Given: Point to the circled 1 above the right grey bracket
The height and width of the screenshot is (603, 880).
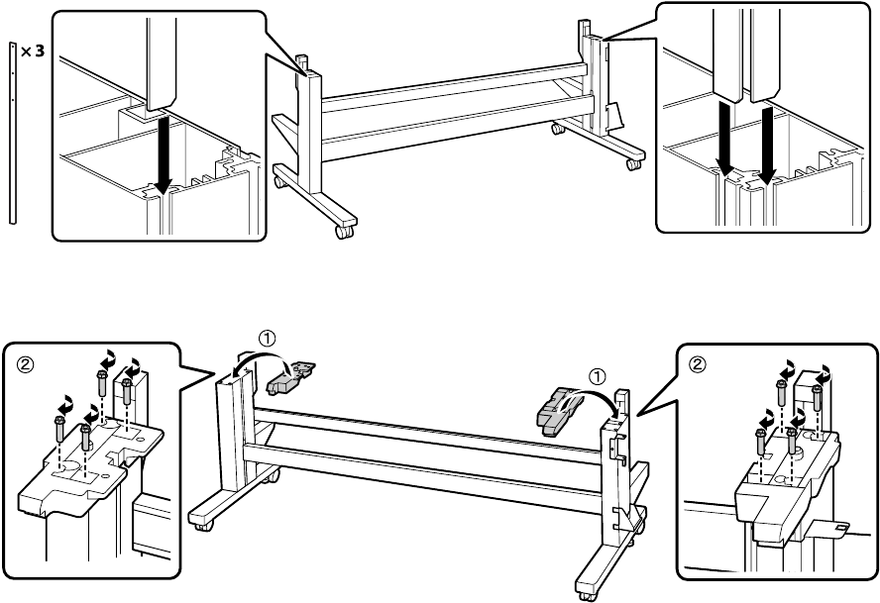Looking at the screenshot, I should pos(597,375).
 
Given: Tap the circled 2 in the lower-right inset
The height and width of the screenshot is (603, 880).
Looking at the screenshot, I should pos(698,362).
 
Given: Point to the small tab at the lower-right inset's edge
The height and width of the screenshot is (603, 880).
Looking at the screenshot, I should pos(839,530).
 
